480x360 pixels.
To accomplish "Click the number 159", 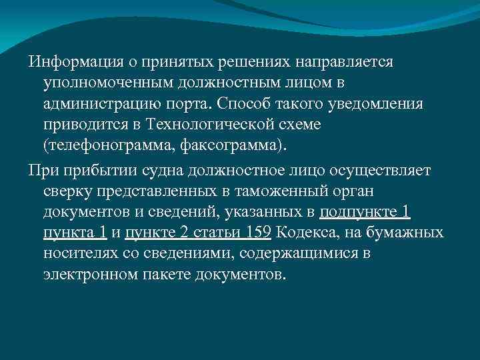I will (x=257, y=233).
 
